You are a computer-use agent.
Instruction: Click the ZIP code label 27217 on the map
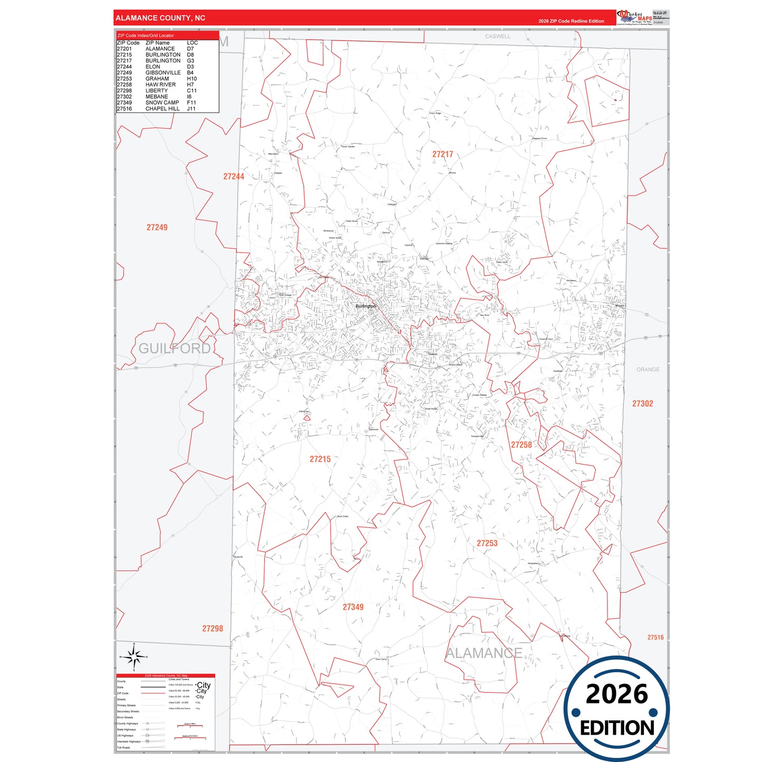[442, 155]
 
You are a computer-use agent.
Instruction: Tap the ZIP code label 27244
[234, 177]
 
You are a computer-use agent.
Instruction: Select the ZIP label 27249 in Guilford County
[157, 227]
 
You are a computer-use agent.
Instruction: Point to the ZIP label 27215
[320, 459]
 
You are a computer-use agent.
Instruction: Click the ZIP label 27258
[521, 445]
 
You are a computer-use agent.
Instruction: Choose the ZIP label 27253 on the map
[487, 543]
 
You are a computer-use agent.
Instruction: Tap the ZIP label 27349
[353, 607]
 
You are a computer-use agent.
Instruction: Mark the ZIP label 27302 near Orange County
[642, 403]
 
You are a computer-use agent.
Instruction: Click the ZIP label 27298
[213, 629]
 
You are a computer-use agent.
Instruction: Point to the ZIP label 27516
[655, 638]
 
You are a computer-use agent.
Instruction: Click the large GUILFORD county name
[175, 349]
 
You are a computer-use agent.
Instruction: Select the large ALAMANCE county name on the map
[484, 653]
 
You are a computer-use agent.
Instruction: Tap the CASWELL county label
[498, 36]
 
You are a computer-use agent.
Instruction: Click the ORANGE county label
[648, 370]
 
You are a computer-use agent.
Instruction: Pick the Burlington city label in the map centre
[365, 306]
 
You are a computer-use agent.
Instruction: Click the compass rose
[134, 657]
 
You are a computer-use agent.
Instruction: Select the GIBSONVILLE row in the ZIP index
[163, 73]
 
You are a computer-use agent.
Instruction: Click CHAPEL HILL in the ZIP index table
[162, 109]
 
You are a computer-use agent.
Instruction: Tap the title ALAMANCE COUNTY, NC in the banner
[160, 18]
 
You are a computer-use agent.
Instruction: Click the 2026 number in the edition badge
[616, 695]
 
